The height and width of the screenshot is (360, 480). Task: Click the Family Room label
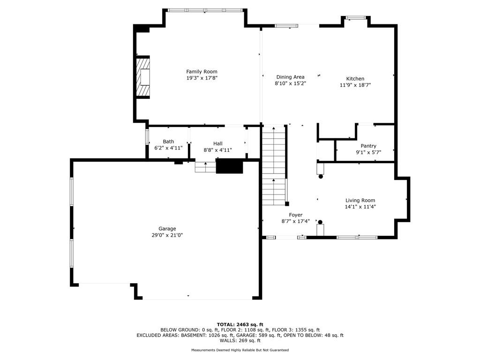(x=202, y=72)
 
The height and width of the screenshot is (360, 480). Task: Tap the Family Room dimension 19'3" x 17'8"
(x=202, y=78)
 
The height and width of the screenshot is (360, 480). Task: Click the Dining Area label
(x=290, y=77)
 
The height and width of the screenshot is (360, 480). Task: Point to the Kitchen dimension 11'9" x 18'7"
(x=355, y=85)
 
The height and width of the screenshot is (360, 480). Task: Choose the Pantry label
(x=368, y=146)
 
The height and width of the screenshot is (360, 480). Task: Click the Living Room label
(x=360, y=200)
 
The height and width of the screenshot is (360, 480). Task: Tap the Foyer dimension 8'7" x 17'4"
(x=295, y=221)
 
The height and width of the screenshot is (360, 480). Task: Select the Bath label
(x=168, y=142)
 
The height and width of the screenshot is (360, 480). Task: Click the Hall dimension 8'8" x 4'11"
(x=217, y=150)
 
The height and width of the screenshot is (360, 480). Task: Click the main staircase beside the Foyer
(x=274, y=164)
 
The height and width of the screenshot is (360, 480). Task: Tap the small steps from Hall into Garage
(x=205, y=167)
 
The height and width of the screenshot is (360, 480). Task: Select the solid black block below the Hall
(x=229, y=166)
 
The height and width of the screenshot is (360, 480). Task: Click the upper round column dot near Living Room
(x=321, y=177)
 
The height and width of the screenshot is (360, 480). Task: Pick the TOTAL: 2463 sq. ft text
(x=240, y=324)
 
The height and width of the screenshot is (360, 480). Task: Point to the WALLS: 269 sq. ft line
(x=240, y=341)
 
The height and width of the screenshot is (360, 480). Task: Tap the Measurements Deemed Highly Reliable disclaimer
(x=240, y=350)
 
